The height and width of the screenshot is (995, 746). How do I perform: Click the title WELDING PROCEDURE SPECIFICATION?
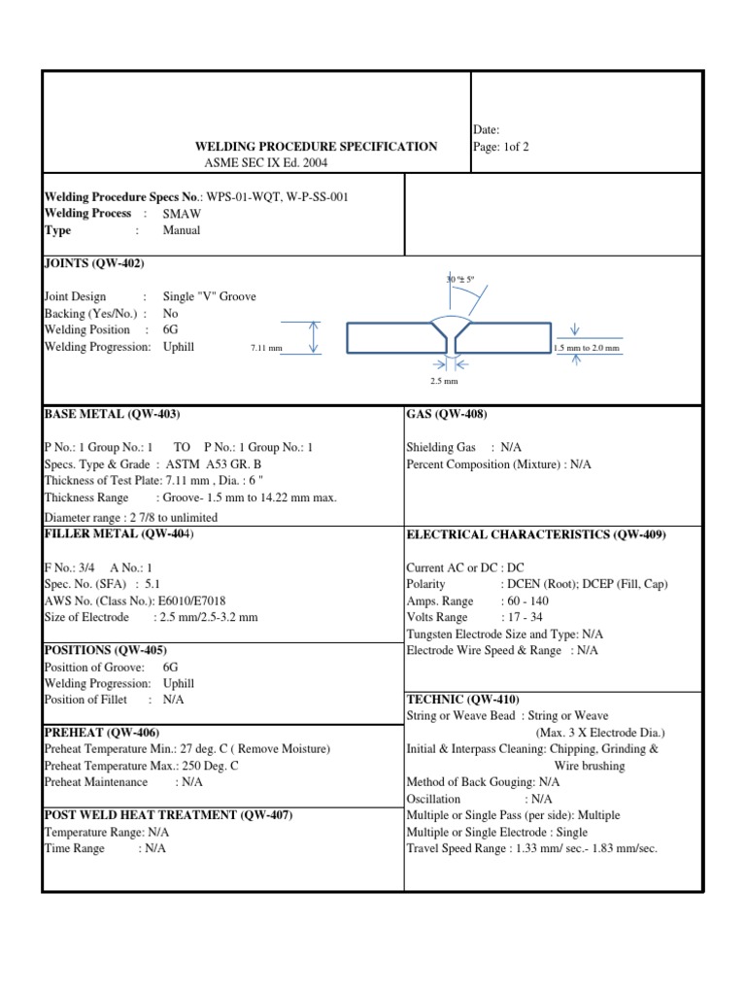317,146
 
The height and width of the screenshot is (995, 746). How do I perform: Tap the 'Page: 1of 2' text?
501,147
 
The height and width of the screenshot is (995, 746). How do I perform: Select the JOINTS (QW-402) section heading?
94,263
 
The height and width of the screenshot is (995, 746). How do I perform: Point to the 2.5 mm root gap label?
443,381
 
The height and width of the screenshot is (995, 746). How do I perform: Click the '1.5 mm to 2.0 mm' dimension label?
586,348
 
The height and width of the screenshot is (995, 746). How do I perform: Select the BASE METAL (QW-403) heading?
113,414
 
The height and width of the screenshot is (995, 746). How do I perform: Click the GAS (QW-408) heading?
440,414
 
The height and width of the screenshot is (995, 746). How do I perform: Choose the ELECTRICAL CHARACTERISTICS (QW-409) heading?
535,534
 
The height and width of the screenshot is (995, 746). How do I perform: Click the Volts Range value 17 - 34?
524,617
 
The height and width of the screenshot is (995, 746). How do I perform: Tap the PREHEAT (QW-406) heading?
102,732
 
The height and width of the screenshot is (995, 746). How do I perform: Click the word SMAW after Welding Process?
182,214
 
